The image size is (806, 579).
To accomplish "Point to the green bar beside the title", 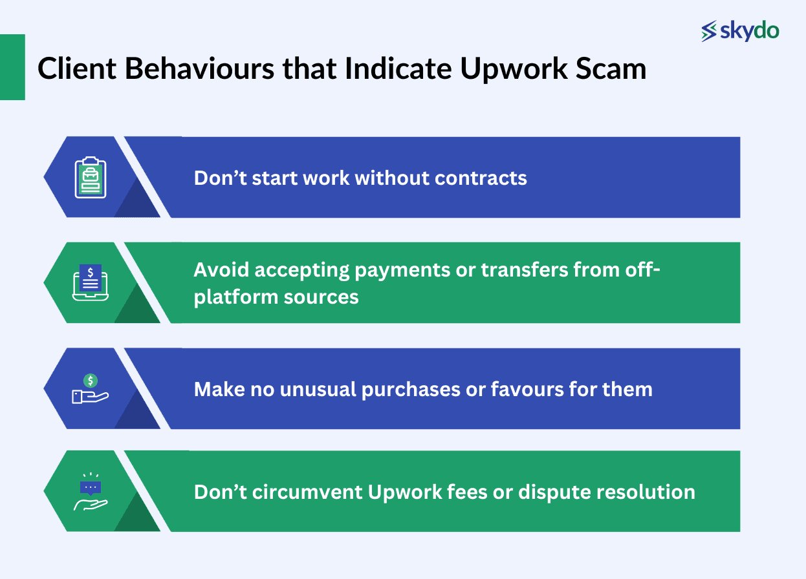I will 12,67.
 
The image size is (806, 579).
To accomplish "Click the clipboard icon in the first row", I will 91,177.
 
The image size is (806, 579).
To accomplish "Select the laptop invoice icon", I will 91,283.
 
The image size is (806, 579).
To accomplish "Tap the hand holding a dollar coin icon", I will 91,389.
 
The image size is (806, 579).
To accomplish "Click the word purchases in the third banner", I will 399,389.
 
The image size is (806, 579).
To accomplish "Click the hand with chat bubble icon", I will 91,492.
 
